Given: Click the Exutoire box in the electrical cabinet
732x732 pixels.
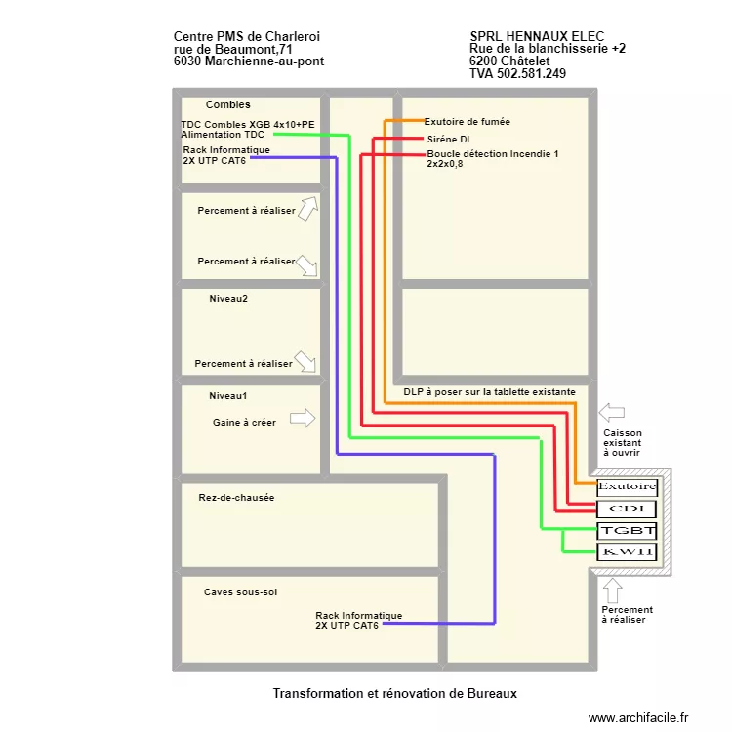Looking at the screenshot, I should click(x=627, y=486).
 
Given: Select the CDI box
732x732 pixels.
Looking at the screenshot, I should click(x=627, y=508).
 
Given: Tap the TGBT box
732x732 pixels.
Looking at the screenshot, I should click(x=627, y=531).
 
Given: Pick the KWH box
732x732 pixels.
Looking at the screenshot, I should click(x=627, y=552).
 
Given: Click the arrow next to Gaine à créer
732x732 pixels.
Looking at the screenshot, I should click(x=304, y=418).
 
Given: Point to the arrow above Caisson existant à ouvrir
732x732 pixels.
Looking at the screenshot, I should click(x=611, y=411).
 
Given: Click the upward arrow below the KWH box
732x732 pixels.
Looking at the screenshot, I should click(x=613, y=590).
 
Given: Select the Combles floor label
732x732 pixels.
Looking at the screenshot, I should click(x=227, y=104).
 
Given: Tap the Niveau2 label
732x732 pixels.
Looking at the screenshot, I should click(x=228, y=299).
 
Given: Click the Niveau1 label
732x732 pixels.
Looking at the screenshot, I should click(x=228, y=396).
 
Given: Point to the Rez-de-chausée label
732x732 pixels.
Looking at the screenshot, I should click(x=236, y=498).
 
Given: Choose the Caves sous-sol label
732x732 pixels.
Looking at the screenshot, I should click(x=240, y=592).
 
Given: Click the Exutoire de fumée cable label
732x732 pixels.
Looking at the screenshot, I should click(x=467, y=122).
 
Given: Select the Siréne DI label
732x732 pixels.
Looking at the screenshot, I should click(x=448, y=140).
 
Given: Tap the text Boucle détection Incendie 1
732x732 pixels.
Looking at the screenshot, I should click(x=492, y=154).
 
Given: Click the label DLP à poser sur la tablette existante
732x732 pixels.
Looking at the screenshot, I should click(x=489, y=391).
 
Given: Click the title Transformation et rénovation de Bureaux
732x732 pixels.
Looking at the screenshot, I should click(x=394, y=693).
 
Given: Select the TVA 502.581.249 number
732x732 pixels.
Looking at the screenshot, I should click(x=517, y=73).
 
